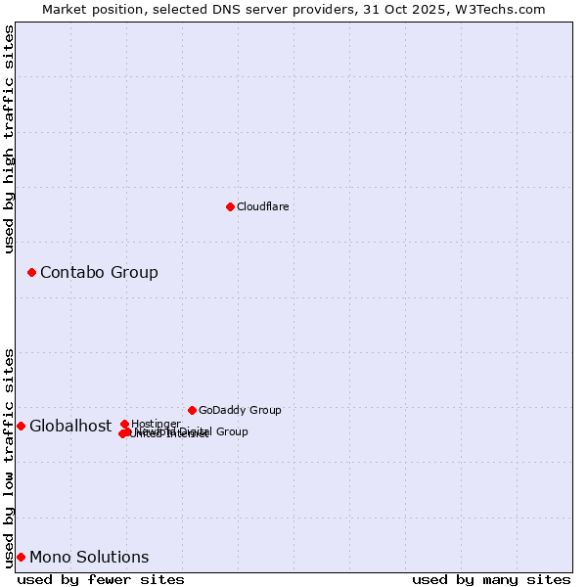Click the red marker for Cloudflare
tap(230, 206)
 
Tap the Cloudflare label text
tap(262, 206)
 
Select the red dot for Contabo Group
tap(31, 272)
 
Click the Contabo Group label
tap(99, 272)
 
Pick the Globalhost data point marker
tap(21, 426)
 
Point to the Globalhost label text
tap(70, 426)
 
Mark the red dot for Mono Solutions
tap(21, 557)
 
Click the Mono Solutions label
tap(89, 557)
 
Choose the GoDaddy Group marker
tap(192, 410)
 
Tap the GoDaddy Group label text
tap(240, 410)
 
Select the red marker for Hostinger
tap(125, 424)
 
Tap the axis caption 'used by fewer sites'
tap(101, 579)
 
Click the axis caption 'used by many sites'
tap(491, 579)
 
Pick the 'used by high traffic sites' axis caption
tap(9, 139)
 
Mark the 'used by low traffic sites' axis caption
tap(9, 458)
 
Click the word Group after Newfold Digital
tap(232, 431)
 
